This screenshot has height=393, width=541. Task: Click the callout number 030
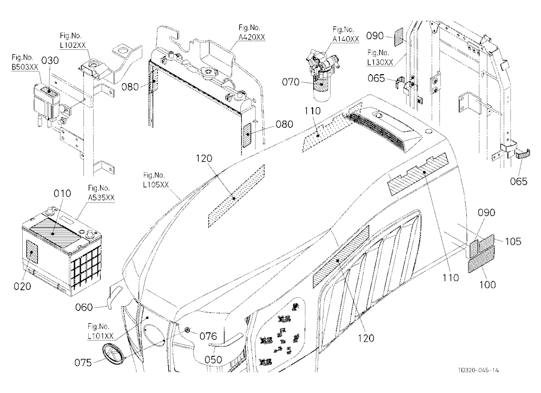(50, 61)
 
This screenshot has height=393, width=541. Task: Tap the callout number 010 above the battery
(62, 193)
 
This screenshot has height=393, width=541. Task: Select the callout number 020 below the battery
(22, 286)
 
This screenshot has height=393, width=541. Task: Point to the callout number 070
(291, 82)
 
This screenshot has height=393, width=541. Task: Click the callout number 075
(83, 363)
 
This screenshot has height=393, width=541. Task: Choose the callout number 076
(208, 336)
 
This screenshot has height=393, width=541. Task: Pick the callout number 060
(84, 307)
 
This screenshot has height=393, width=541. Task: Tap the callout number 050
(213, 359)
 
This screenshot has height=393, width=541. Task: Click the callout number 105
(513, 241)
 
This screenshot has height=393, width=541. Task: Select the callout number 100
(487, 285)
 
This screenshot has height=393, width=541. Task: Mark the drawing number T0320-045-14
(478, 370)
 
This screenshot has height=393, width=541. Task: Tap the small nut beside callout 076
(187, 330)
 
